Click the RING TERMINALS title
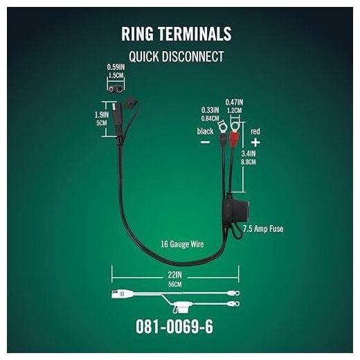point(177,34)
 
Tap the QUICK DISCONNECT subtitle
point(177,57)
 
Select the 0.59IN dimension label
point(116,67)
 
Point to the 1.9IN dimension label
point(102,115)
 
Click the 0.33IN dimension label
point(210,110)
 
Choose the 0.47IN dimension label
point(234,102)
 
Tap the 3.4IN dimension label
point(249,154)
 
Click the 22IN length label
point(175,275)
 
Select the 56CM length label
point(175,285)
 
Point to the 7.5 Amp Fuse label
point(263,228)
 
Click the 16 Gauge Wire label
point(182,244)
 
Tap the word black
point(205,132)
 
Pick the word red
point(255,132)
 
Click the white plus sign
point(255,143)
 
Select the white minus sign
point(205,142)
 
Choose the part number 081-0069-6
point(174,327)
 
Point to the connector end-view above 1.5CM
point(116,89)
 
